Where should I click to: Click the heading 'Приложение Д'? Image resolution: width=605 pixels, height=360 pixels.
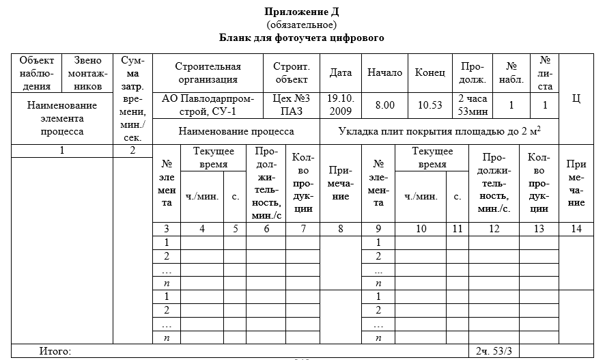[301, 12]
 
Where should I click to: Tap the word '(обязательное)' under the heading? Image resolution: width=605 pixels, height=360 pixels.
[301, 25]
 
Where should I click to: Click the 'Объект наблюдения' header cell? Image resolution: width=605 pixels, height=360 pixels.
[36, 73]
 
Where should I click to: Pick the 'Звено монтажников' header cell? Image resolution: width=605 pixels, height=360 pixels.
[88, 73]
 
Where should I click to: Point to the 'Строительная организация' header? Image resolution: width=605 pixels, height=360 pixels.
[208, 72]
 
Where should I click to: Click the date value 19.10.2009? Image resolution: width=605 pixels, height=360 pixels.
[340, 105]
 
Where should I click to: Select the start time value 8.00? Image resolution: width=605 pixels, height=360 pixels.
[385, 105]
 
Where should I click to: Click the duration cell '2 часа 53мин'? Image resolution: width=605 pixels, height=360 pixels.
[472, 105]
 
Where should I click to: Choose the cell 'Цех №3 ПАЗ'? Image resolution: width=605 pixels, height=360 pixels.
[292, 105]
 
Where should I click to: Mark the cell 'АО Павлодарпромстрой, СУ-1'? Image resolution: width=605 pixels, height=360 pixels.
[208, 105]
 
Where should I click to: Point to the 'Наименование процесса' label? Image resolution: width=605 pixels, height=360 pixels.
[236, 131]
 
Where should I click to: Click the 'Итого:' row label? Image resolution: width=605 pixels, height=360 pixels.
[55, 351]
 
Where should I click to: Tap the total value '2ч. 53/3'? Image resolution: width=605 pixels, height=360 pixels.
[493, 351]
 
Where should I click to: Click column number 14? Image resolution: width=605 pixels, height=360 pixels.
[576, 229]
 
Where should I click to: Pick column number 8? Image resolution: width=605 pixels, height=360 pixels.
[341, 229]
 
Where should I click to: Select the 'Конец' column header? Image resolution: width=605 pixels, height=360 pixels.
[430, 73]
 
